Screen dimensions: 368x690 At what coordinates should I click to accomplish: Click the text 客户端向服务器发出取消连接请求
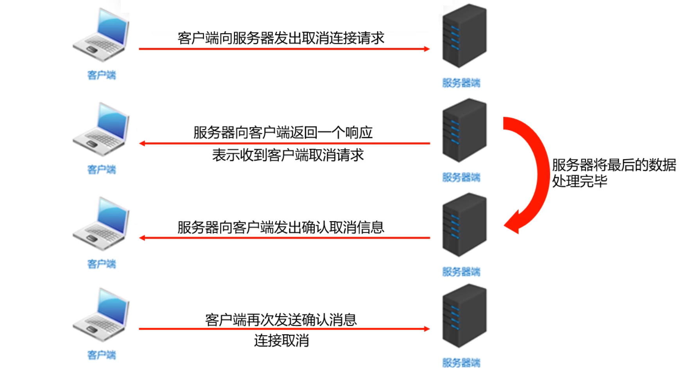click(x=281, y=38)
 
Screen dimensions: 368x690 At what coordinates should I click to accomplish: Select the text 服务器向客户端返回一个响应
click(x=283, y=132)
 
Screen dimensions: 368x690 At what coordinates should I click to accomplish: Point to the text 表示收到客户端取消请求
click(x=288, y=155)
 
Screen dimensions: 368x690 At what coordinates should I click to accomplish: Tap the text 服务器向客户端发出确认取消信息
click(x=281, y=227)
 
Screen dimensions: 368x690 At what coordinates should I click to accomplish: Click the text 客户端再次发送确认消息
click(x=281, y=320)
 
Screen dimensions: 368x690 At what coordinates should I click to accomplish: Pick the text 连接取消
click(x=281, y=341)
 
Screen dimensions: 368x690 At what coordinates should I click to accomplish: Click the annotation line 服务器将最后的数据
click(x=614, y=165)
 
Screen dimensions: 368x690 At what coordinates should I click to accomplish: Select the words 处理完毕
click(x=579, y=181)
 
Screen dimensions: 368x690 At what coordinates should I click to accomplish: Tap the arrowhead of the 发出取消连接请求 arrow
click(x=427, y=49)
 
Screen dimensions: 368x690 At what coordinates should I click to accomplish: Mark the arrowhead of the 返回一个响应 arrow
click(x=142, y=143)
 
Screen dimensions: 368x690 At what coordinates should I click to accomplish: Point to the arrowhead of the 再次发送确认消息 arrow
click(x=427, y=329)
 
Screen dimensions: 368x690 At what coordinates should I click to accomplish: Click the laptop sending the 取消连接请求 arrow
click(x=101, y=35)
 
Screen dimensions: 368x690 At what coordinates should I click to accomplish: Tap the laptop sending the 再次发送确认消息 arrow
click(x=101, y=315)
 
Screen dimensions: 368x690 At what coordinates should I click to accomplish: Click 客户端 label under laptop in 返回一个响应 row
click(x=102, y=170)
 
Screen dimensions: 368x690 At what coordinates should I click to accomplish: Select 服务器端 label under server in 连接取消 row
click(x=461, y=363)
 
